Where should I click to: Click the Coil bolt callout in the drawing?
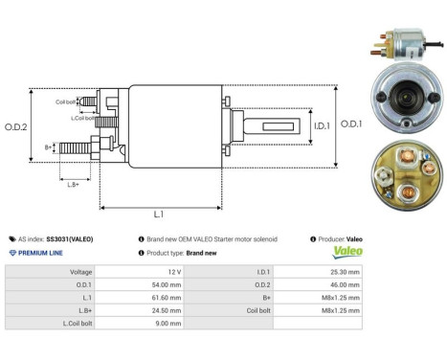pos(65,101)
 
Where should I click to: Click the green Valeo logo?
pos(346,253)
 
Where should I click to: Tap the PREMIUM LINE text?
pos(40,253)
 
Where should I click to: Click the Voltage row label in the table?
pos(81,272)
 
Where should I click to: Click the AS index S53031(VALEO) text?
pos(55,238)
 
